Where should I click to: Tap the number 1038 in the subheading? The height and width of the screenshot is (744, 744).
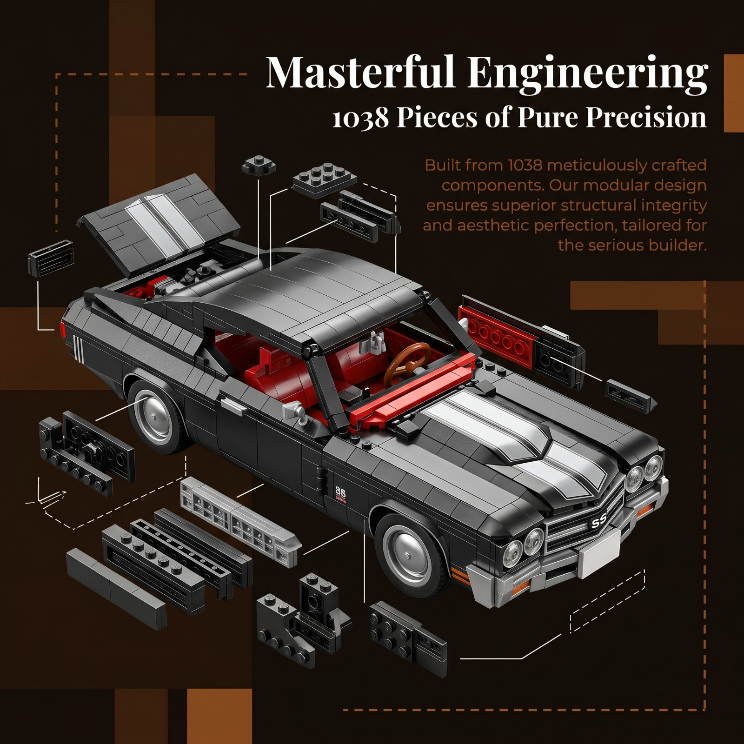[360, 118]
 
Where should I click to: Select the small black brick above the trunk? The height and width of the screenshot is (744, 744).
[259, 165]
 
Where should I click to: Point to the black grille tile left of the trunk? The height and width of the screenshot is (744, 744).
[51, 259]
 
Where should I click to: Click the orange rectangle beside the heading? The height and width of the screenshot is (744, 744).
[734, 93]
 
